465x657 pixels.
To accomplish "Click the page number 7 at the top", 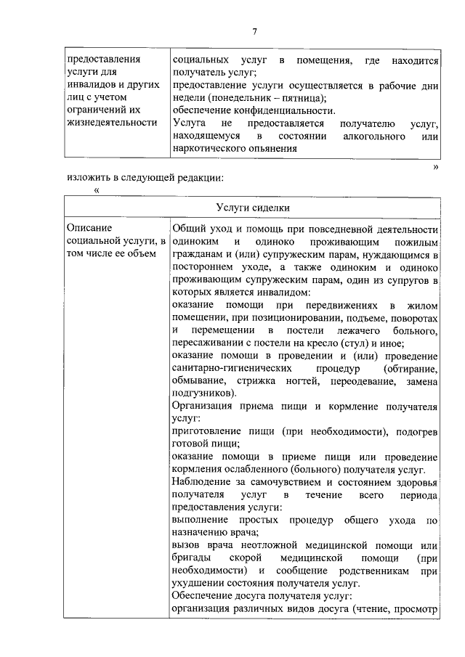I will (x=255, y=30).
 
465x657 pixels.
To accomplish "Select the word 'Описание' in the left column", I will (x=89, y=228).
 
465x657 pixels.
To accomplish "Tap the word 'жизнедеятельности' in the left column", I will (x=111, y=122).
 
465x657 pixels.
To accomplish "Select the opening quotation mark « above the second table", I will (x=96, y=190).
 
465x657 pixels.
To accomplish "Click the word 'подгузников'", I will (x=203, y=394).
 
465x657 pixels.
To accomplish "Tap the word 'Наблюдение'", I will (x=203, y=483).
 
